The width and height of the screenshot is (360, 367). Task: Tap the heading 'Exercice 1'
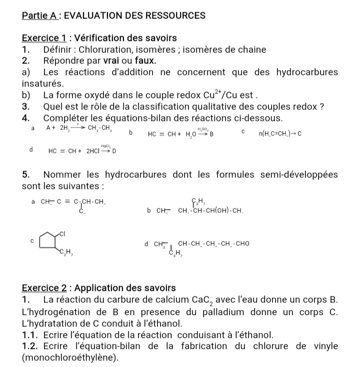[x=44, y=38]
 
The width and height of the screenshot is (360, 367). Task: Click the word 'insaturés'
[x=42, y=83]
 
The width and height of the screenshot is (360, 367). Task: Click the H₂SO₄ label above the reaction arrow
[x=202, y=128]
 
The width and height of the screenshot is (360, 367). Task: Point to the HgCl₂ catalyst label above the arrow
[x=105, y=146]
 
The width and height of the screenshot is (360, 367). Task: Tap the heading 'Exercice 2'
[x=44, y=288]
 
